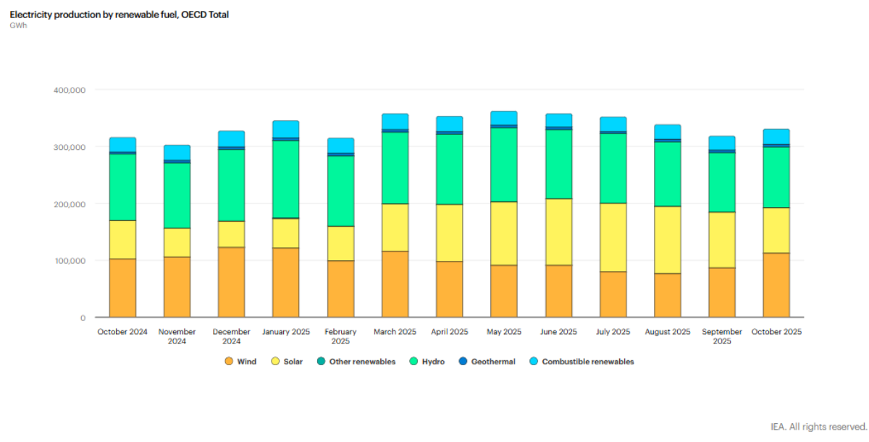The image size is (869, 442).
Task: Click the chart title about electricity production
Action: click(119, 14)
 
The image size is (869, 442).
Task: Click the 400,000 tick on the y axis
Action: click(70, 90)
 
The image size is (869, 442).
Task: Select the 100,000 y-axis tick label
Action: click(70, 261)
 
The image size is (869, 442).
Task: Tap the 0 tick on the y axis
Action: click(83, 317)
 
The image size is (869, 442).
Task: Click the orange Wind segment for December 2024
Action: click(231, 283)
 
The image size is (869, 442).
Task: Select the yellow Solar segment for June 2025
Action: click(558, 232)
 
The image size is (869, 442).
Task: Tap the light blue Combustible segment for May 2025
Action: click(504, 118)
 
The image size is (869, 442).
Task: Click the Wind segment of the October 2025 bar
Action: click(776, 285)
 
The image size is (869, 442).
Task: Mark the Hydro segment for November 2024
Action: click(177, 196)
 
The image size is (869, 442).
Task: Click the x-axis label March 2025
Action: click(395, 332)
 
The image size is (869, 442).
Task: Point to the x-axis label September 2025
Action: click(721, 336)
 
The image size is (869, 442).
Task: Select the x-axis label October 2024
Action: click(122, 332)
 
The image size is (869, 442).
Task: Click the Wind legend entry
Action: click(240, 362)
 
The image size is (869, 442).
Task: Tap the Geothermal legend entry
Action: click(487, 362)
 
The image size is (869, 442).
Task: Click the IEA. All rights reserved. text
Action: click(818, 427)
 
